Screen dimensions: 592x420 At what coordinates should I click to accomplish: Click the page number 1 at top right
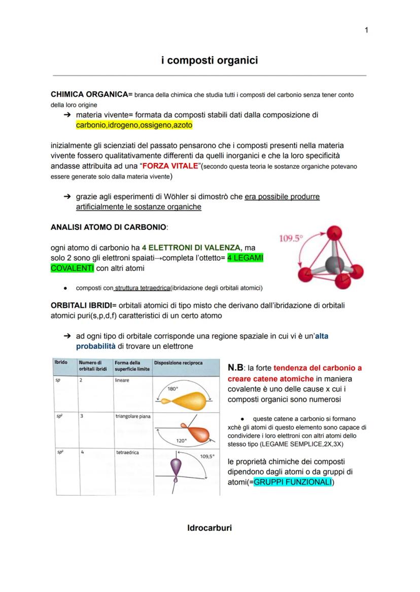[366, 30]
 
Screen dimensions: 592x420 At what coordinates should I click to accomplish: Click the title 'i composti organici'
[209, 60]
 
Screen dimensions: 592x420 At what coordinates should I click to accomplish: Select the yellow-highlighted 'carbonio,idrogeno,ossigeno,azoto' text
[134, 125]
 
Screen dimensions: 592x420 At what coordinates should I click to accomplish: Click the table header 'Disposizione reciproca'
[171, 363]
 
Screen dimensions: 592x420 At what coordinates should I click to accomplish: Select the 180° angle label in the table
[173, 389]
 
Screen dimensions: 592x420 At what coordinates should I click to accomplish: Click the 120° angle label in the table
[182, 441]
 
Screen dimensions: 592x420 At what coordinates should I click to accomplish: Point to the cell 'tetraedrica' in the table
[127, 452]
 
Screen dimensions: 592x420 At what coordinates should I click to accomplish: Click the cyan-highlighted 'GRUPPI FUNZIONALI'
[292, 483]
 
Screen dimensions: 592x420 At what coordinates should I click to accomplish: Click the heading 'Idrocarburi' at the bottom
[209, 528]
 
